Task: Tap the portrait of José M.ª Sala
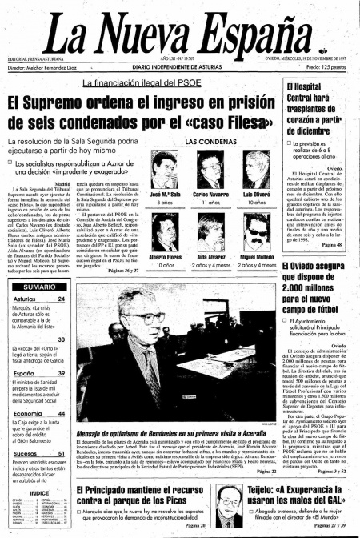point(166,171)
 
